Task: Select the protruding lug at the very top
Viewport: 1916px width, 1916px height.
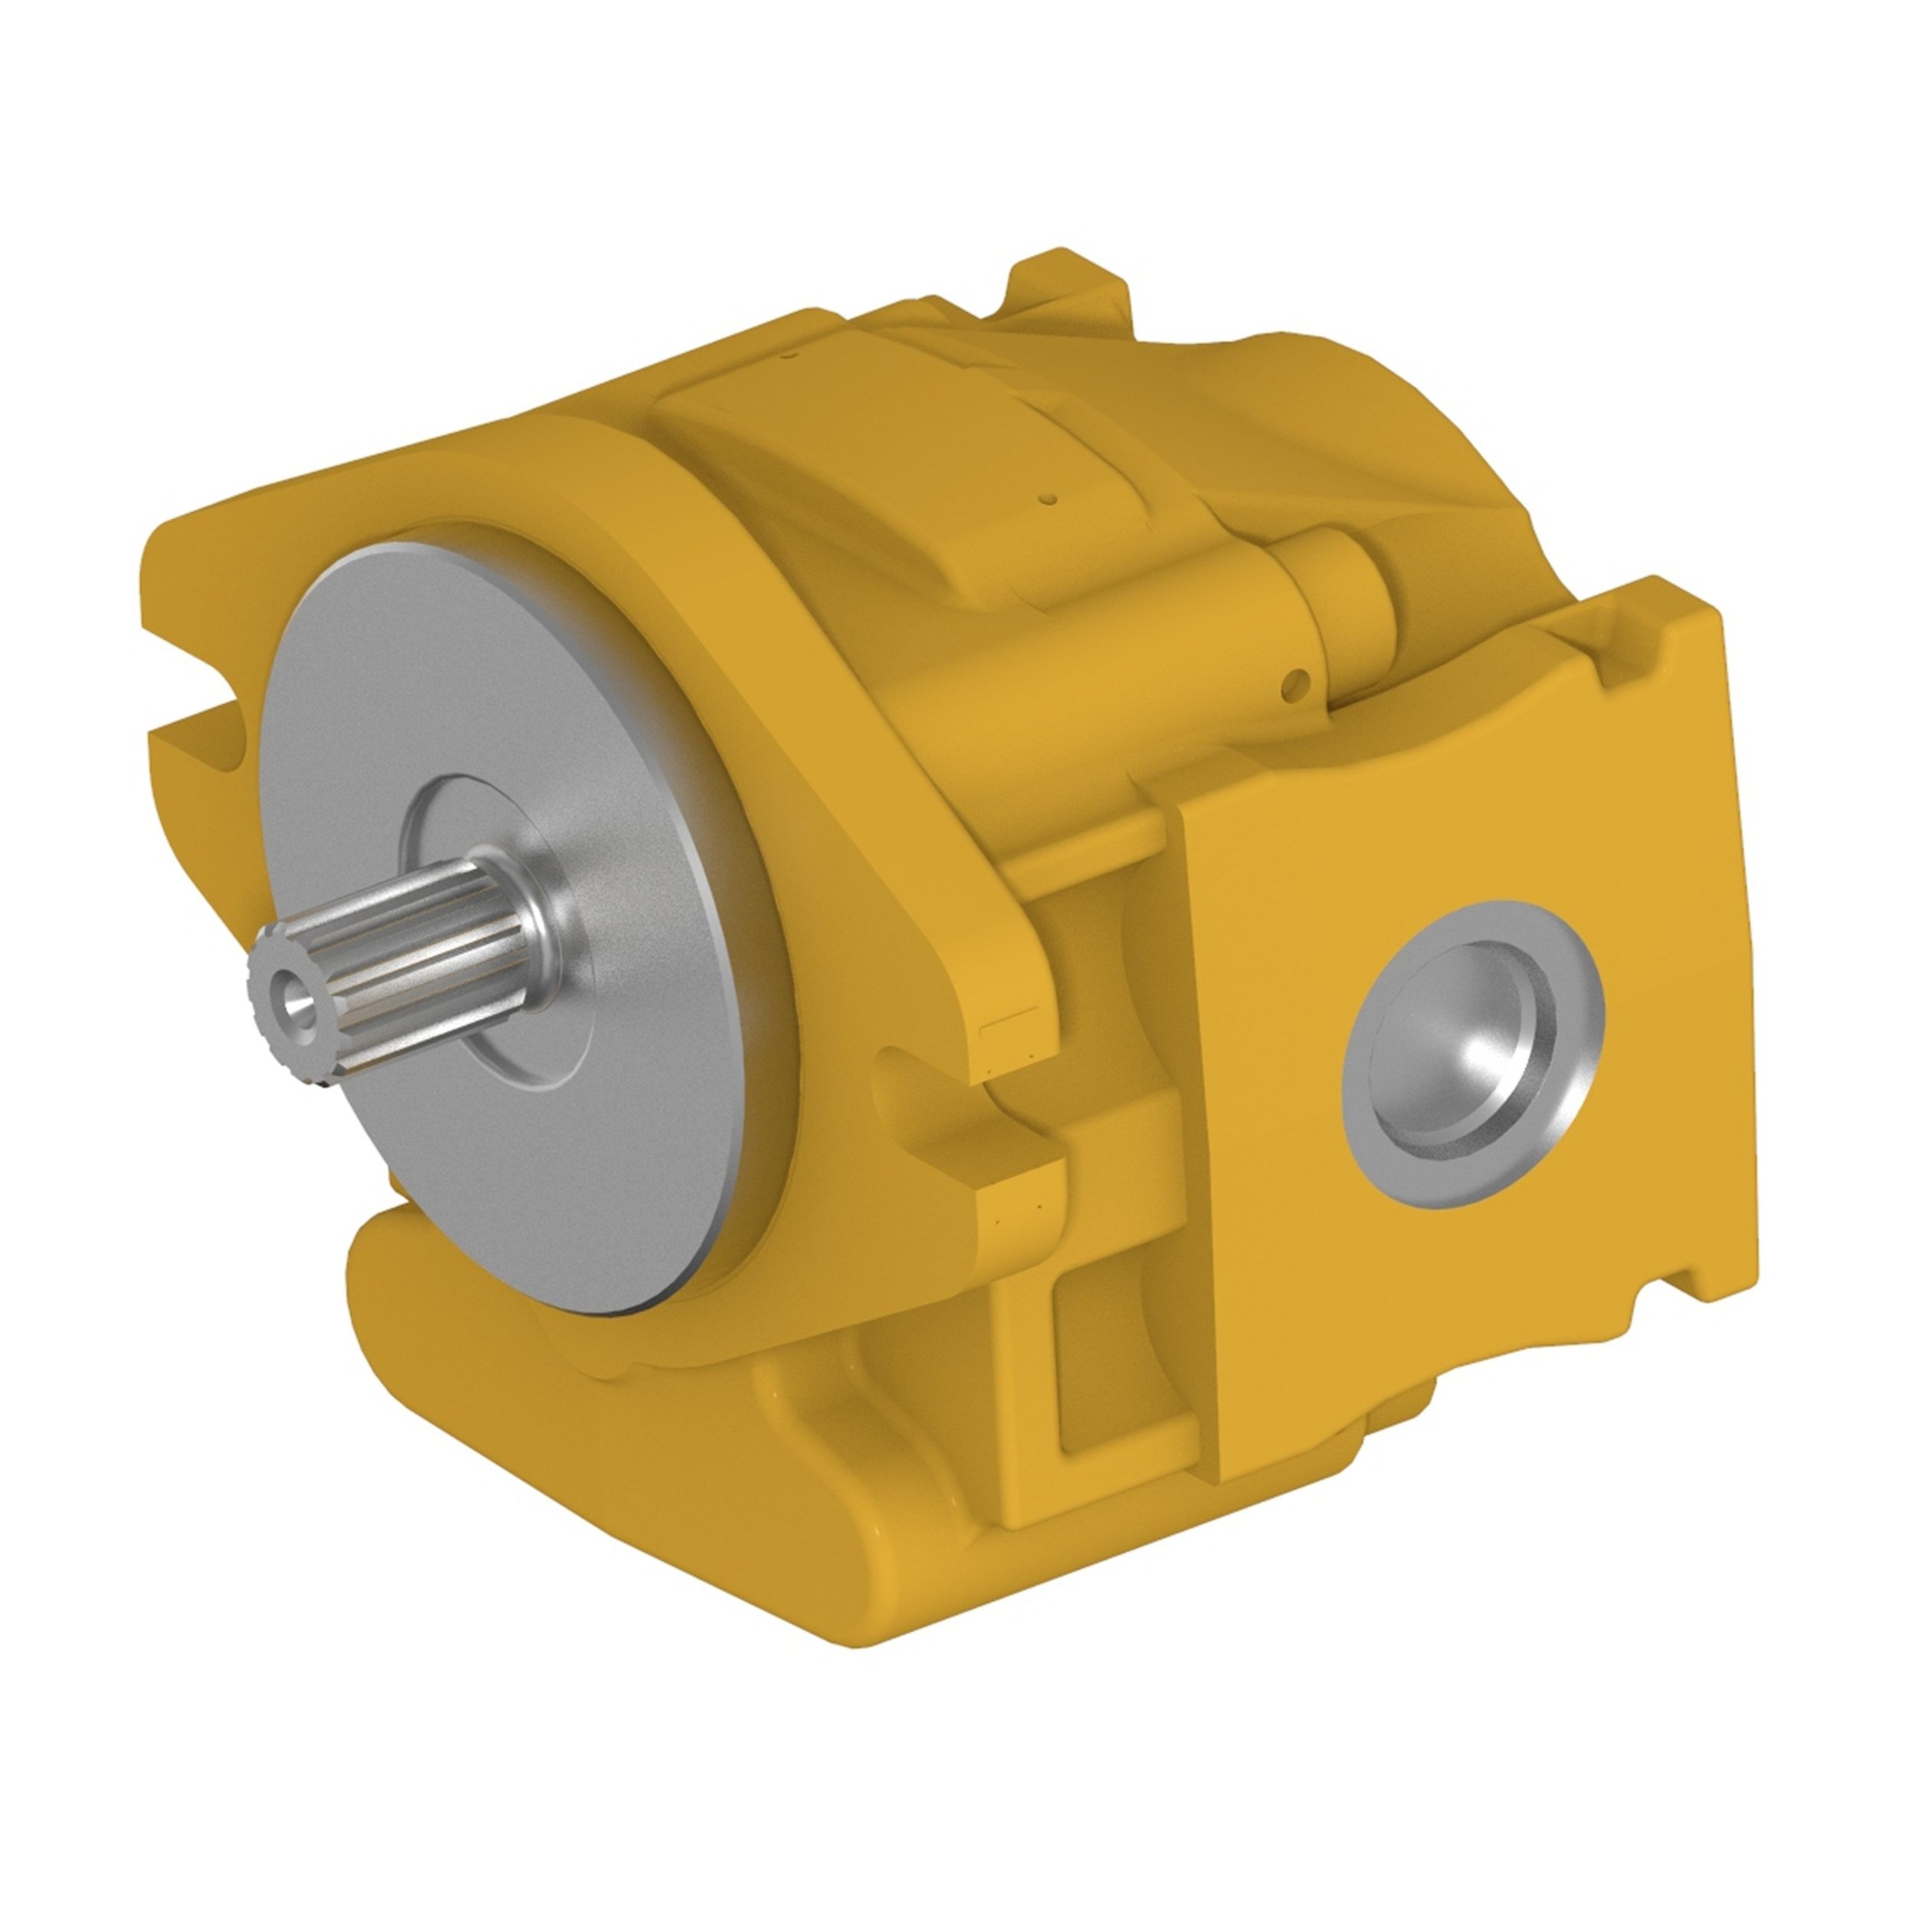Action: tap(1071, 287)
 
